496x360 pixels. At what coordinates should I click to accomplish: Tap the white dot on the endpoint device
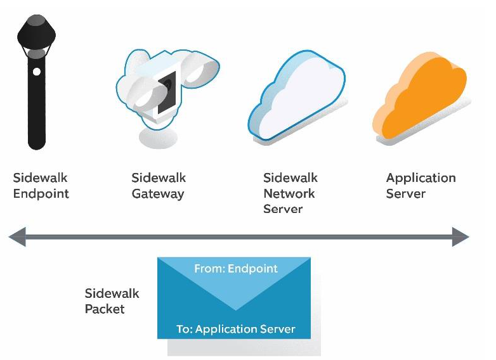tap(37, 72)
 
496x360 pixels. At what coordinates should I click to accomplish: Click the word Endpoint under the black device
tap(41, 194)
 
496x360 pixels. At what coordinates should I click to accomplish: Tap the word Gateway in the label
tap(158, 194)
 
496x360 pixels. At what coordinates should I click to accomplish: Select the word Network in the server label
tap(289, 193)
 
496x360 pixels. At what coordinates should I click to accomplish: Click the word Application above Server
tap(421, 178)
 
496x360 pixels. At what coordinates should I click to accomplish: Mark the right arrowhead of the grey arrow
tap(460, 238)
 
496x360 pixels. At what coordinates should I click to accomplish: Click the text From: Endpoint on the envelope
tap(235, 268)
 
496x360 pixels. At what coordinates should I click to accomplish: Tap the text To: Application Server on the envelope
tap(235, 329)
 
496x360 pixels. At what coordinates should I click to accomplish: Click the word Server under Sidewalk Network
tap(284, 209)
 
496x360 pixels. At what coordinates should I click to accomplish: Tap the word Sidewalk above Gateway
tap(159, 178)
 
